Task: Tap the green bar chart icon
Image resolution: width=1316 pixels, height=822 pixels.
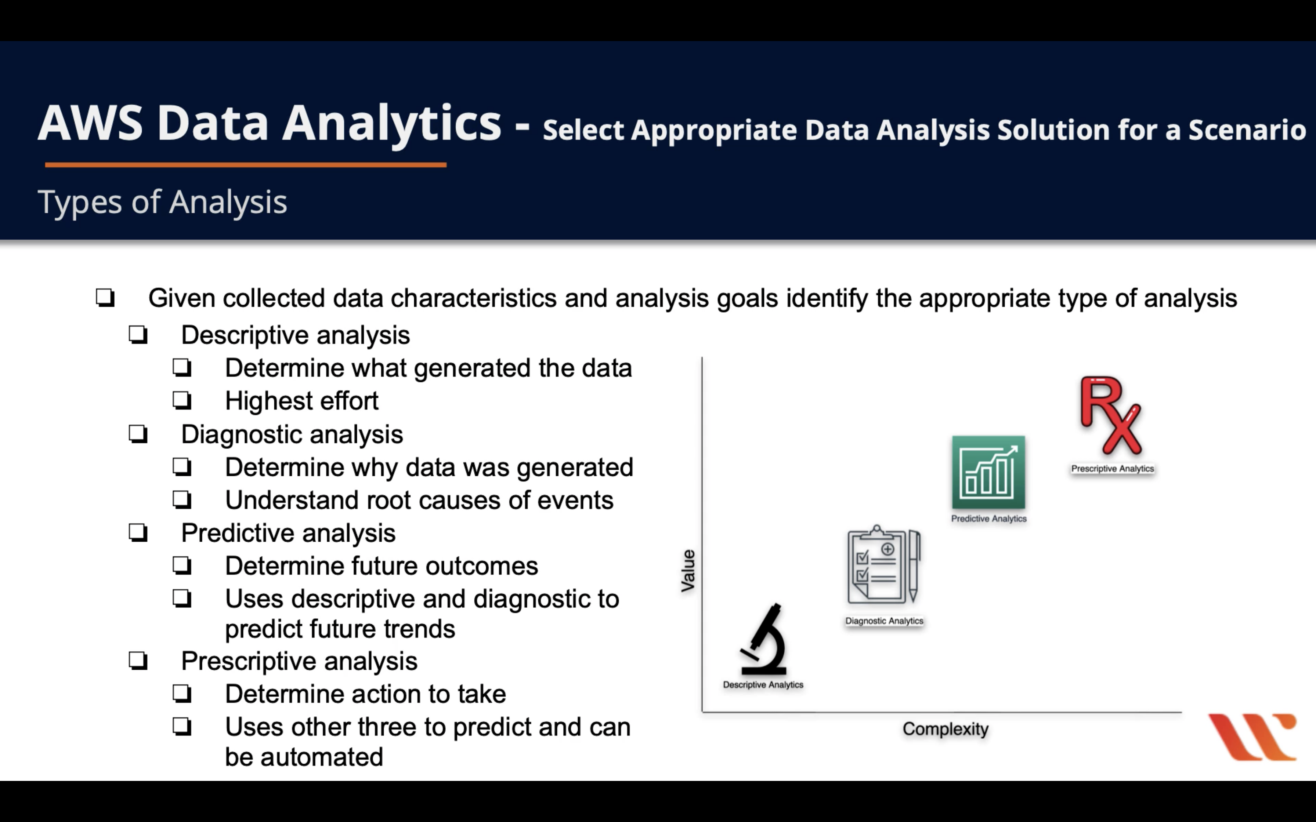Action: pyautogui.click(x=988, y=472)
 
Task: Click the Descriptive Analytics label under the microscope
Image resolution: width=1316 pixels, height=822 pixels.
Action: pyautogui.click(x=763, y=684)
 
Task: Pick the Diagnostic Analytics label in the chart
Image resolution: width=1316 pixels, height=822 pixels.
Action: pyautogui.click(x=884, y=621)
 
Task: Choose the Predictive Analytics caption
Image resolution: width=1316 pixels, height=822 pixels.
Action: pyautogui.click(x=988, y=519)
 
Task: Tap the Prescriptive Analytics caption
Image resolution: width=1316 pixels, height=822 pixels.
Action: pyautogui.click(x=1113, y=469)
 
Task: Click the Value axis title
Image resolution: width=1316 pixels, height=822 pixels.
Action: pyautogui.click(x=688, y=570)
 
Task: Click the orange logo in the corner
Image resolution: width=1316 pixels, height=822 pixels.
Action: pyautogui.click(x=1253, y=736)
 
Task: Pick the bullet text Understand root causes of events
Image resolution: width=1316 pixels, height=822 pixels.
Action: pyautogui.click(x=419, y=500)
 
